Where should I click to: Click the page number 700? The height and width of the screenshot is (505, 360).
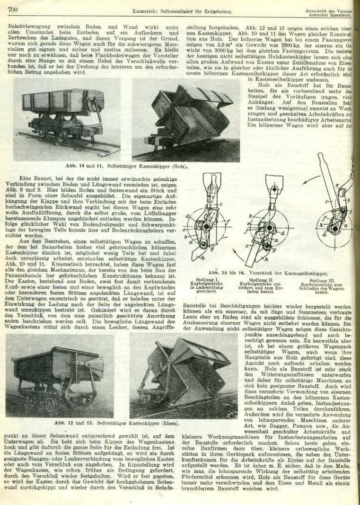pos(12,9)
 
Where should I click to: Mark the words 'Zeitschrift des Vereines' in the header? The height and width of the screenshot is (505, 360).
pos(331,10)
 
